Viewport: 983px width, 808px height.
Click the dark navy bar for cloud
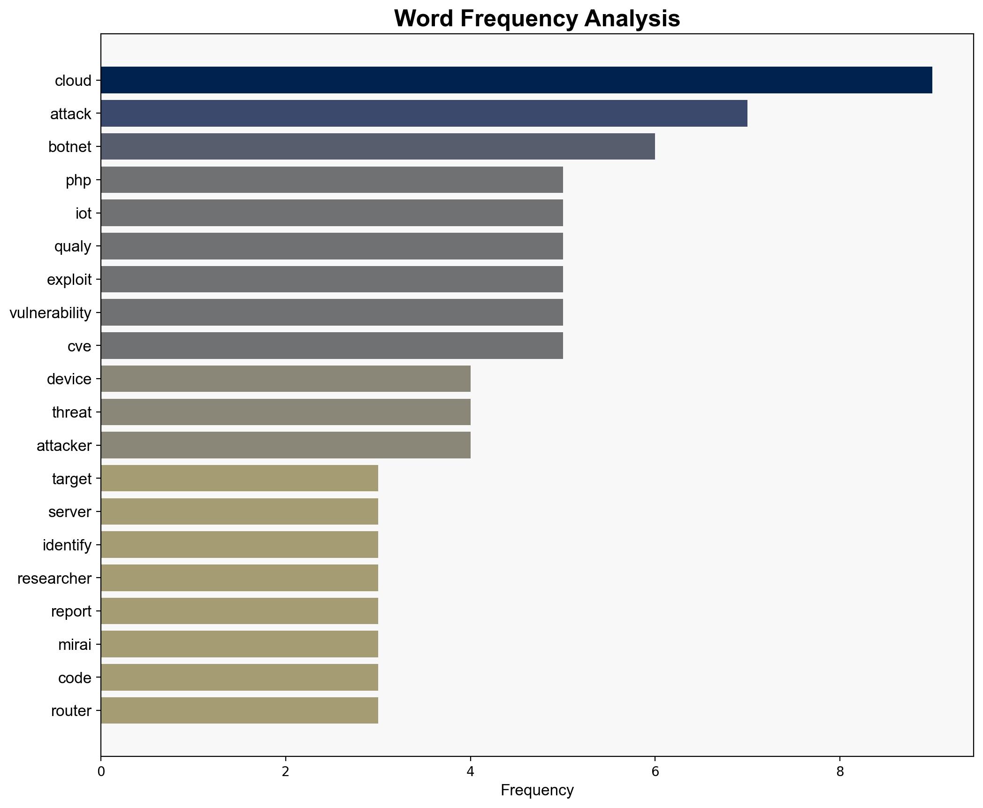pos(516,80)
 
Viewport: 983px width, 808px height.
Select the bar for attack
pos(424,114)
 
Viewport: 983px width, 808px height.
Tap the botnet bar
pos(378,146)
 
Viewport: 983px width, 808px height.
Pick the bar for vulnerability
pos(332,313)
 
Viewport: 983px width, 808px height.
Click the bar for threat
pos(285,412)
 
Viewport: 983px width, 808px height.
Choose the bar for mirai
pos(239,644)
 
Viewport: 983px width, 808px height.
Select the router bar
pos(239,710)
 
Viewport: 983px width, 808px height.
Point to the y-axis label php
pos(78,180)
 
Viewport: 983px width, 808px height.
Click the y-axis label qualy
pos(73,246)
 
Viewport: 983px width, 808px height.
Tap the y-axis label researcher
pos(54,578)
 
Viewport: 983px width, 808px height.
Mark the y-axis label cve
pos(79,346)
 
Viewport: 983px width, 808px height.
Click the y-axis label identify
pos(67,545)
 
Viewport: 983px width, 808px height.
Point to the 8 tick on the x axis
pos(840,771)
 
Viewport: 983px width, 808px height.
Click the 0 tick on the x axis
pos(101,771)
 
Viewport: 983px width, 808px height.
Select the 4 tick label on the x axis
pos(470,771)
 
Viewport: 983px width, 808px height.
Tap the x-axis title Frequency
pos(537,790)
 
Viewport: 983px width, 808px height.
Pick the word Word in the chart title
pos(424,19)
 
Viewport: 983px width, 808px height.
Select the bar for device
pos(285,379)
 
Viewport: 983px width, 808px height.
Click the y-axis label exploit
pos(69,280)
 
